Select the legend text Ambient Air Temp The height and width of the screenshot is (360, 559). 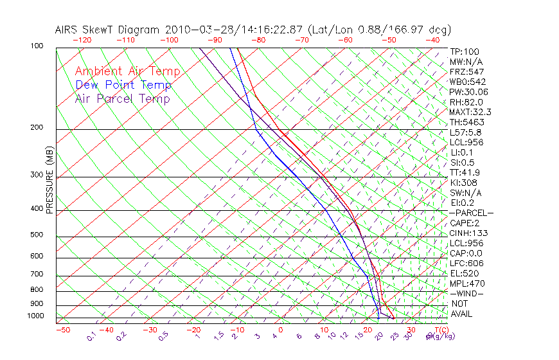pos(127,71)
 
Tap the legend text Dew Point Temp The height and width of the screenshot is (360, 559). pos(123,85)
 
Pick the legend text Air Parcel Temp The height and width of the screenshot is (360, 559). pos(122,98)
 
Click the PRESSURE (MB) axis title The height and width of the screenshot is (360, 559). pos(49,179)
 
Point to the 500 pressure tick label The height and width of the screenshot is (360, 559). pos(37,235)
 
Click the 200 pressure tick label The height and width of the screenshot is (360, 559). pos(37,128)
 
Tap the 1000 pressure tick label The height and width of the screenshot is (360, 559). pos(35,316)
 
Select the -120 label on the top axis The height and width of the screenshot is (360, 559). pos(81,40)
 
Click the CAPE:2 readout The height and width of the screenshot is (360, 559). pos(465,222)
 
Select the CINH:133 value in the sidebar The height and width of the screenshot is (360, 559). pos(467,233)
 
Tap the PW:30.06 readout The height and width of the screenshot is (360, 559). pos(468,92)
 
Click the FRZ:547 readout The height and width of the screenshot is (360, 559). pos(466,71)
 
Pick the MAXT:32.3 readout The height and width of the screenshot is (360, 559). pos(470,112)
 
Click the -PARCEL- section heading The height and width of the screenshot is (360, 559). pos(471,213)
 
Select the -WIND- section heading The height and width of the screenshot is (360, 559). pos(466,293)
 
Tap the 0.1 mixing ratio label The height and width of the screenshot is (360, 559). pos(91,336)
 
